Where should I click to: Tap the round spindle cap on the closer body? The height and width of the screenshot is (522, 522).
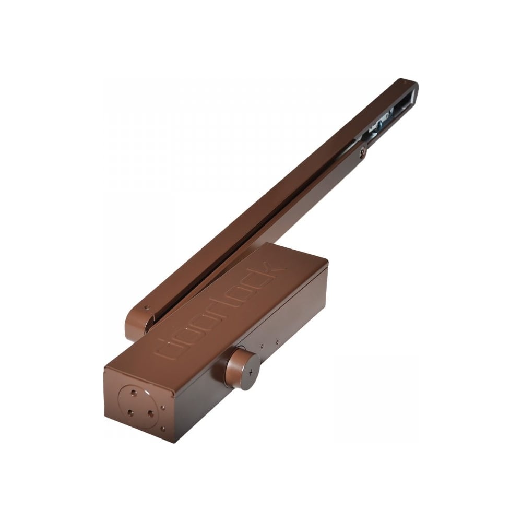pyautogui.click(x=243, y=370)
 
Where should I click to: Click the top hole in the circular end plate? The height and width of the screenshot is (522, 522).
pyautogui.click(x=134, y=393)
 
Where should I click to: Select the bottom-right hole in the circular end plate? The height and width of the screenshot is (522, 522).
pyautogui.click(x=150, y=413)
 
